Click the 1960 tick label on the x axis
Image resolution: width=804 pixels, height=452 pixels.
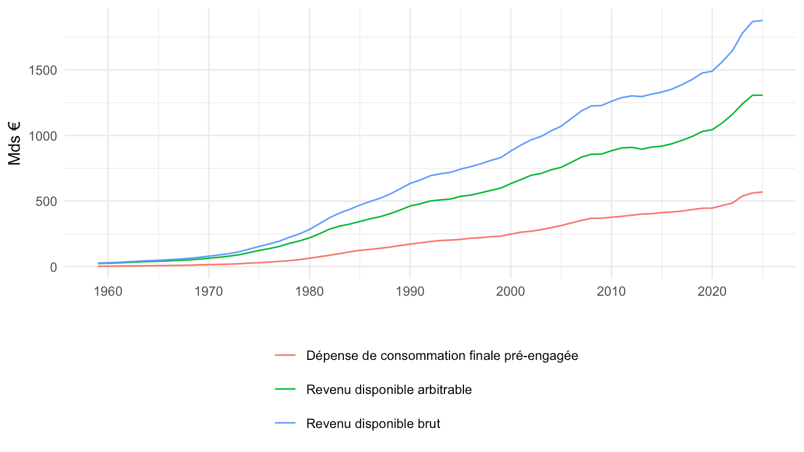tap(108, 292)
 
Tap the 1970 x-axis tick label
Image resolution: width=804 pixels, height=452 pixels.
tap(209, 292)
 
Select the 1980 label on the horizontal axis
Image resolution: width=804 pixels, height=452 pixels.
tap(309, 292)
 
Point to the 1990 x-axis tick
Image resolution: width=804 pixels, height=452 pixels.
tap(410, 292)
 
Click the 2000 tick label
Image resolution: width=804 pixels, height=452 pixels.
tap(511, 292)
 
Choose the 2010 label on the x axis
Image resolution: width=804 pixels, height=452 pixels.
tap(611, 292)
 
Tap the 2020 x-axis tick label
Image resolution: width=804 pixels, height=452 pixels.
tap(712, 292)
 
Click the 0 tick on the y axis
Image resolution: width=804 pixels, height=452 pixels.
tap(54, 267)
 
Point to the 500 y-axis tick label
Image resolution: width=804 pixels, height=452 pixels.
tap(46, 201)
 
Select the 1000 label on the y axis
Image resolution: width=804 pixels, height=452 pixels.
tap(42, 136)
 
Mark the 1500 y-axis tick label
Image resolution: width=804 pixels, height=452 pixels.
tap(42, 70)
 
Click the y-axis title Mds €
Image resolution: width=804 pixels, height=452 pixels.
tap(15, 143)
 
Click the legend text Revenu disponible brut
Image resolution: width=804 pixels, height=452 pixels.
tap(373, 424)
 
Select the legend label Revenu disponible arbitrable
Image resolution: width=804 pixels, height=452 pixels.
tap(389, 390)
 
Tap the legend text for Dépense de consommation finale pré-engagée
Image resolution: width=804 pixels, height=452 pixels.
tap(442, 356)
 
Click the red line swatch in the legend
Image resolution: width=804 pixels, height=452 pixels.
tap(285, 355)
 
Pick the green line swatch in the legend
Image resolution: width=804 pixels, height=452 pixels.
tap(285, 390)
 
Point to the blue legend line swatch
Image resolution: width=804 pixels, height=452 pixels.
tap(285, 424)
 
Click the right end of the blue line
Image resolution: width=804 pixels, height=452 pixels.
tap(762, 21)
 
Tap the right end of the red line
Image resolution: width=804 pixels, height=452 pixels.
tap(762, 193)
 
